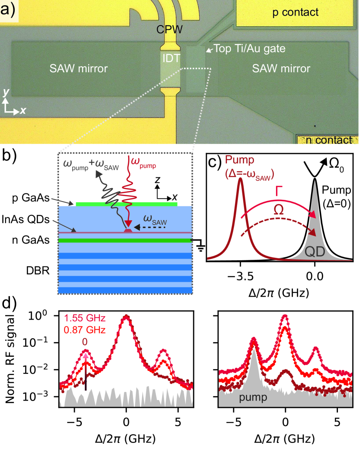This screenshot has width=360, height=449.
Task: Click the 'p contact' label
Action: coord(295,13)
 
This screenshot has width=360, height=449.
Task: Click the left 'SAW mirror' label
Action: coord(84,68)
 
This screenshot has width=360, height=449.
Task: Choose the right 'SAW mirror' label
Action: coord(281,68)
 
